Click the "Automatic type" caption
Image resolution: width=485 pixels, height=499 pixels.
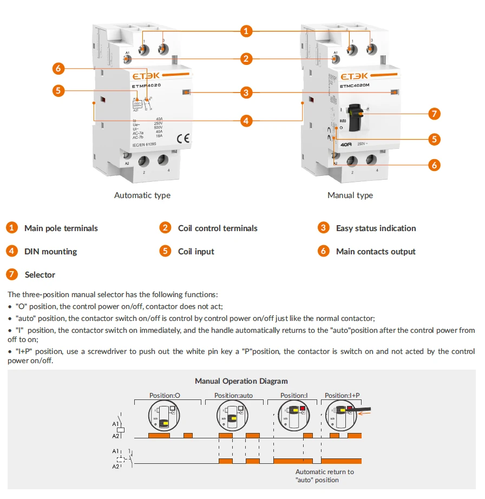point(142,195)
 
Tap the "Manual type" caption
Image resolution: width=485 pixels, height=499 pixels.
point(350,195)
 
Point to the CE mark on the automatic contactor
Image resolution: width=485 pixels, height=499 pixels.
point(182,139)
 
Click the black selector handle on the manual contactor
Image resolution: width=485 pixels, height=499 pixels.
point(355,117)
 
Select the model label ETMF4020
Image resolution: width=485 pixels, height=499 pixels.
point(146,86)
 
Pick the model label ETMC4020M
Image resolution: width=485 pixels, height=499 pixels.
point(355,86)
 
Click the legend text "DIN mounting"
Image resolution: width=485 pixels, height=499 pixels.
point(50,252)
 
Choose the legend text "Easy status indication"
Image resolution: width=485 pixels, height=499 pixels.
point(376,228)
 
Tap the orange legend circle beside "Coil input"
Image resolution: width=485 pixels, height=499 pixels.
point(166,251)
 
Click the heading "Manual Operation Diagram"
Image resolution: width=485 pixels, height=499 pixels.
point(241,381)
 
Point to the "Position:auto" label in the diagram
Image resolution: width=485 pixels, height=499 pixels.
point(233,396)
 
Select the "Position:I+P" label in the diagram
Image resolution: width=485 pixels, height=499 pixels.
point(342,396)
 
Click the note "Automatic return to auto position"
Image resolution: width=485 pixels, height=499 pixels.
point(324,476)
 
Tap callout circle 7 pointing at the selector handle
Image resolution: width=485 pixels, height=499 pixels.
point(434,114)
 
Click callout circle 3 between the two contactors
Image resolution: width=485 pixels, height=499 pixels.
point(246,93)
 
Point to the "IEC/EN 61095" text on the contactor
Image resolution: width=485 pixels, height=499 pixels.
point(145,145)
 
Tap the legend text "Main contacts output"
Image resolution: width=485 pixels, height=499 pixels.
point(376,252)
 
